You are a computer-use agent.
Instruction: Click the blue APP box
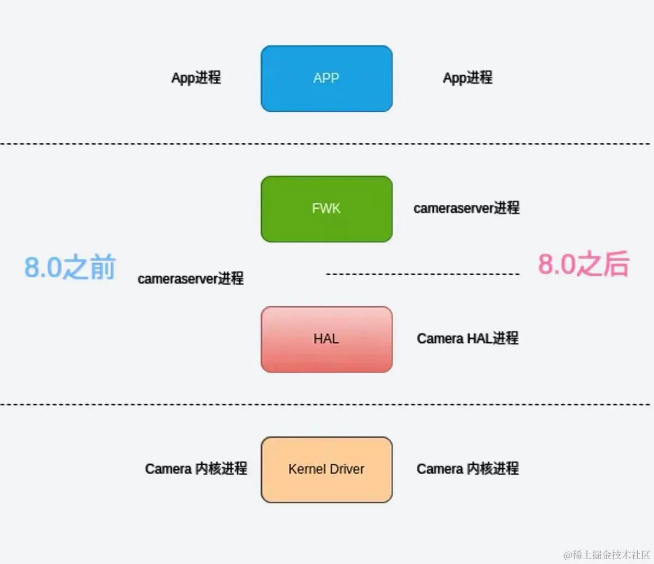pos(326,78)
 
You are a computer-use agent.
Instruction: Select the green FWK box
pos(326,209)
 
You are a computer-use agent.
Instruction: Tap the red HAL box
pos(326,339)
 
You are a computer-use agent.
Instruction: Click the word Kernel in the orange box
pos(307,469)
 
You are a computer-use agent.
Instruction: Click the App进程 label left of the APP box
pos(196,78)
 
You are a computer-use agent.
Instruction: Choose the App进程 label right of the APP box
pos(468,78)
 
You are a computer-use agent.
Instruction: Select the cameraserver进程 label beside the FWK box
pos(467,208)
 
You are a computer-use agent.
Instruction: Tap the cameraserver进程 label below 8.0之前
pos(190,278)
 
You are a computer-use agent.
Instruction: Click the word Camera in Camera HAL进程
pos(440,338)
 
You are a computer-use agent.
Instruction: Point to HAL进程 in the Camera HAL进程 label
pos(493,338)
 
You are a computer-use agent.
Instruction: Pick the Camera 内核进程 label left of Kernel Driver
pos(196,469)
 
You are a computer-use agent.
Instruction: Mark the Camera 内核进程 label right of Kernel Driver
pos(468,469)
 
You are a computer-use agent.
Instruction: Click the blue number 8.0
pos(43,268)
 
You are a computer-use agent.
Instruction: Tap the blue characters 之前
pos(89,268)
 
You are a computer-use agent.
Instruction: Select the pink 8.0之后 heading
pos(584,264)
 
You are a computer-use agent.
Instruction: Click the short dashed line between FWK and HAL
pos(422,274)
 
